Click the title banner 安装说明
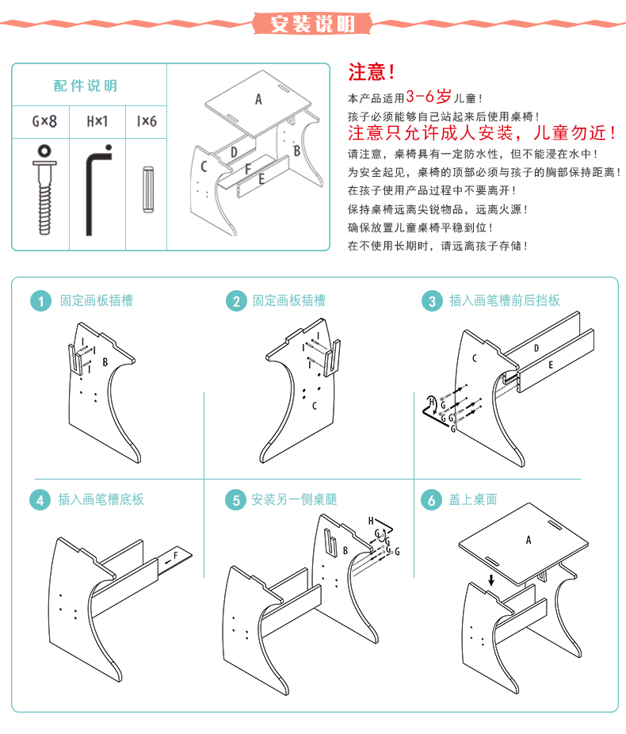click(x=312, y=23)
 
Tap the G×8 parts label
click(x=44, y=121)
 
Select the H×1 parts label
click(x=97, y=121)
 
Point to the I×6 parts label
click(x=147, y=121)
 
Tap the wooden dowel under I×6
click(x=147, y=189)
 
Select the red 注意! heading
click(x=372, y=73)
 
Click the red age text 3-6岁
click(x=429, y=97)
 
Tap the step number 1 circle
click(x=40, y=301)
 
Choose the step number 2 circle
click(x=235, y=301)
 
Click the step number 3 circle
click(x=431, y=301)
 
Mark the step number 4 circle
click(x=40, y=501)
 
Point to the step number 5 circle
click(x=235, y=501)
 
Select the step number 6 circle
click(x=431, y=501)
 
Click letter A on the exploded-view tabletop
click(x=258, y=99)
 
